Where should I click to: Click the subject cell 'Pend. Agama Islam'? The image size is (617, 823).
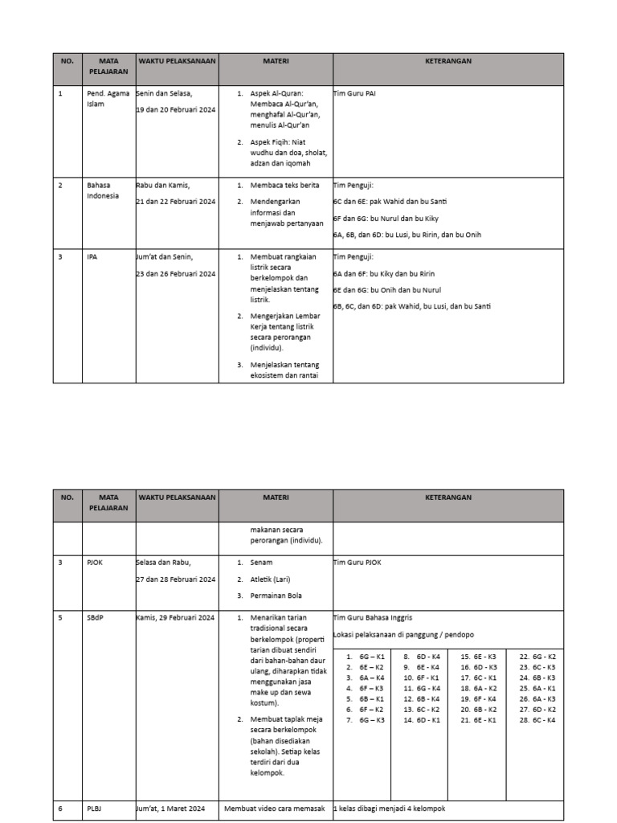pos(107,99)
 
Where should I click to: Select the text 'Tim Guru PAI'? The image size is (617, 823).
pos(354,94)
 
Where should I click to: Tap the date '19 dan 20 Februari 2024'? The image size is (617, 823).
pos(176,110)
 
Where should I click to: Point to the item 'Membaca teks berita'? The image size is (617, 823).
pos(284,185)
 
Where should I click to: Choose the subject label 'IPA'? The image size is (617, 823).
pos(92,256)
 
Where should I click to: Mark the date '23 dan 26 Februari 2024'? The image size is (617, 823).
pos(176,273)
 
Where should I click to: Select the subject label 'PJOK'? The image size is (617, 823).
pos(96,562)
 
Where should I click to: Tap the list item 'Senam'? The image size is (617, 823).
pos(261,562)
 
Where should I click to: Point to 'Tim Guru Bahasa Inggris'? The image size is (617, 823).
pos(372,617)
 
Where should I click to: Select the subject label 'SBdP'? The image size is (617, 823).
pos(96,617)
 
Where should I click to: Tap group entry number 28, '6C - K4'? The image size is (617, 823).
pos(538,720)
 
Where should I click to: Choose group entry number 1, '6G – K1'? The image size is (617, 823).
pos(366,657)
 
